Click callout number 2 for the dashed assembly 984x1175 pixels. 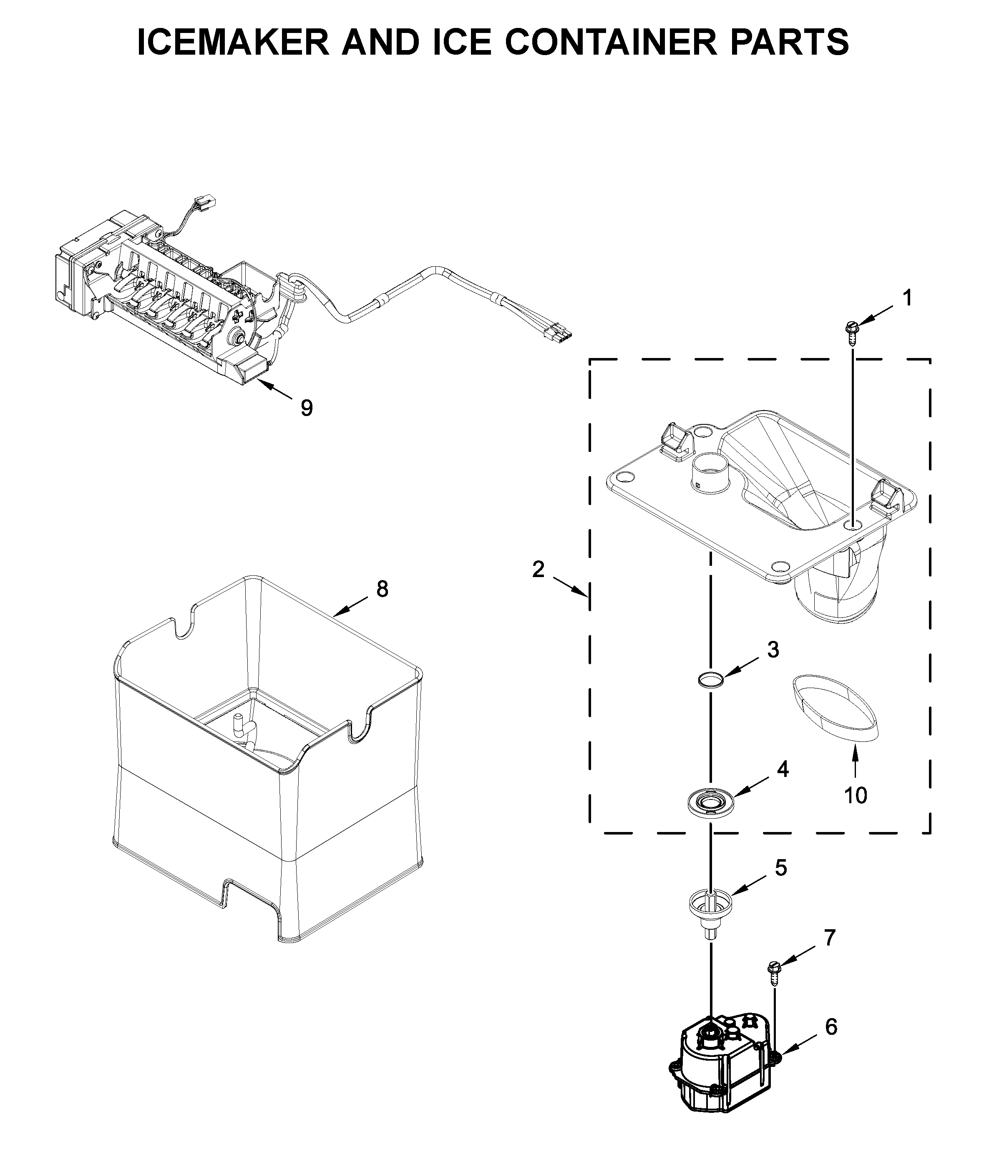point(538,570)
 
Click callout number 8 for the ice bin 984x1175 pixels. point(382,589)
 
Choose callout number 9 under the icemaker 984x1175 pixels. point(307,408)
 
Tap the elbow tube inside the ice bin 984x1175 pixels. point(241,725)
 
